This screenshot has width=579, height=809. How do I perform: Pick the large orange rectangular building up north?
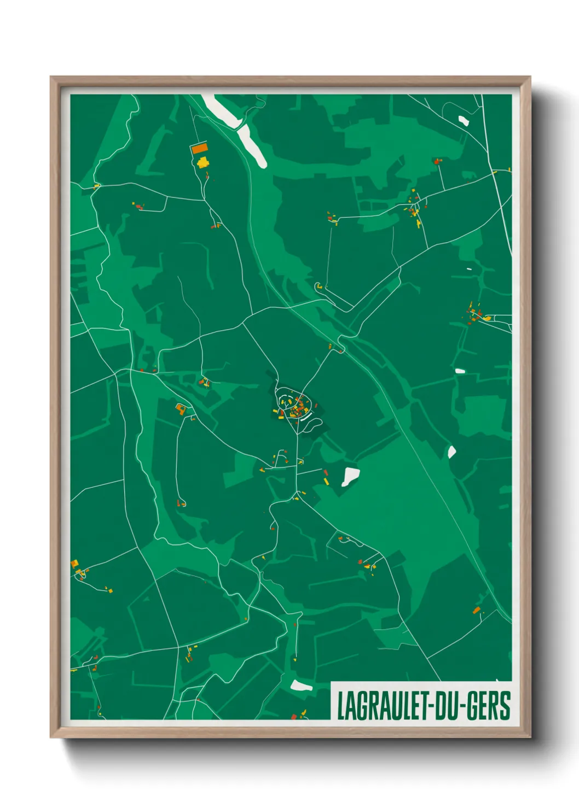point(199,148)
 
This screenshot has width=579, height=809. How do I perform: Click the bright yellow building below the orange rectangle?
point(203,162)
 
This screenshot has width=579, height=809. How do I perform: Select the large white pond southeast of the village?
point(350,476)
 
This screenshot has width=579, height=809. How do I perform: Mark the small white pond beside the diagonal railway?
point(451,452)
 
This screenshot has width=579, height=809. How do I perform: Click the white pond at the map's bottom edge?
point(300,685)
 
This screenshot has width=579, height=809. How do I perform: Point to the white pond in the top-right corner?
point(464,120)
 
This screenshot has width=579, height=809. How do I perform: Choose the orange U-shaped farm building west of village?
point(181,408)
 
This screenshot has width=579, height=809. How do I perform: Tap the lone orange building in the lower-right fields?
point(477,609)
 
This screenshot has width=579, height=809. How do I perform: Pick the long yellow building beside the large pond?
point(327,481)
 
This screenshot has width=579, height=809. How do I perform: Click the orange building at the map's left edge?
point(74,563)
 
